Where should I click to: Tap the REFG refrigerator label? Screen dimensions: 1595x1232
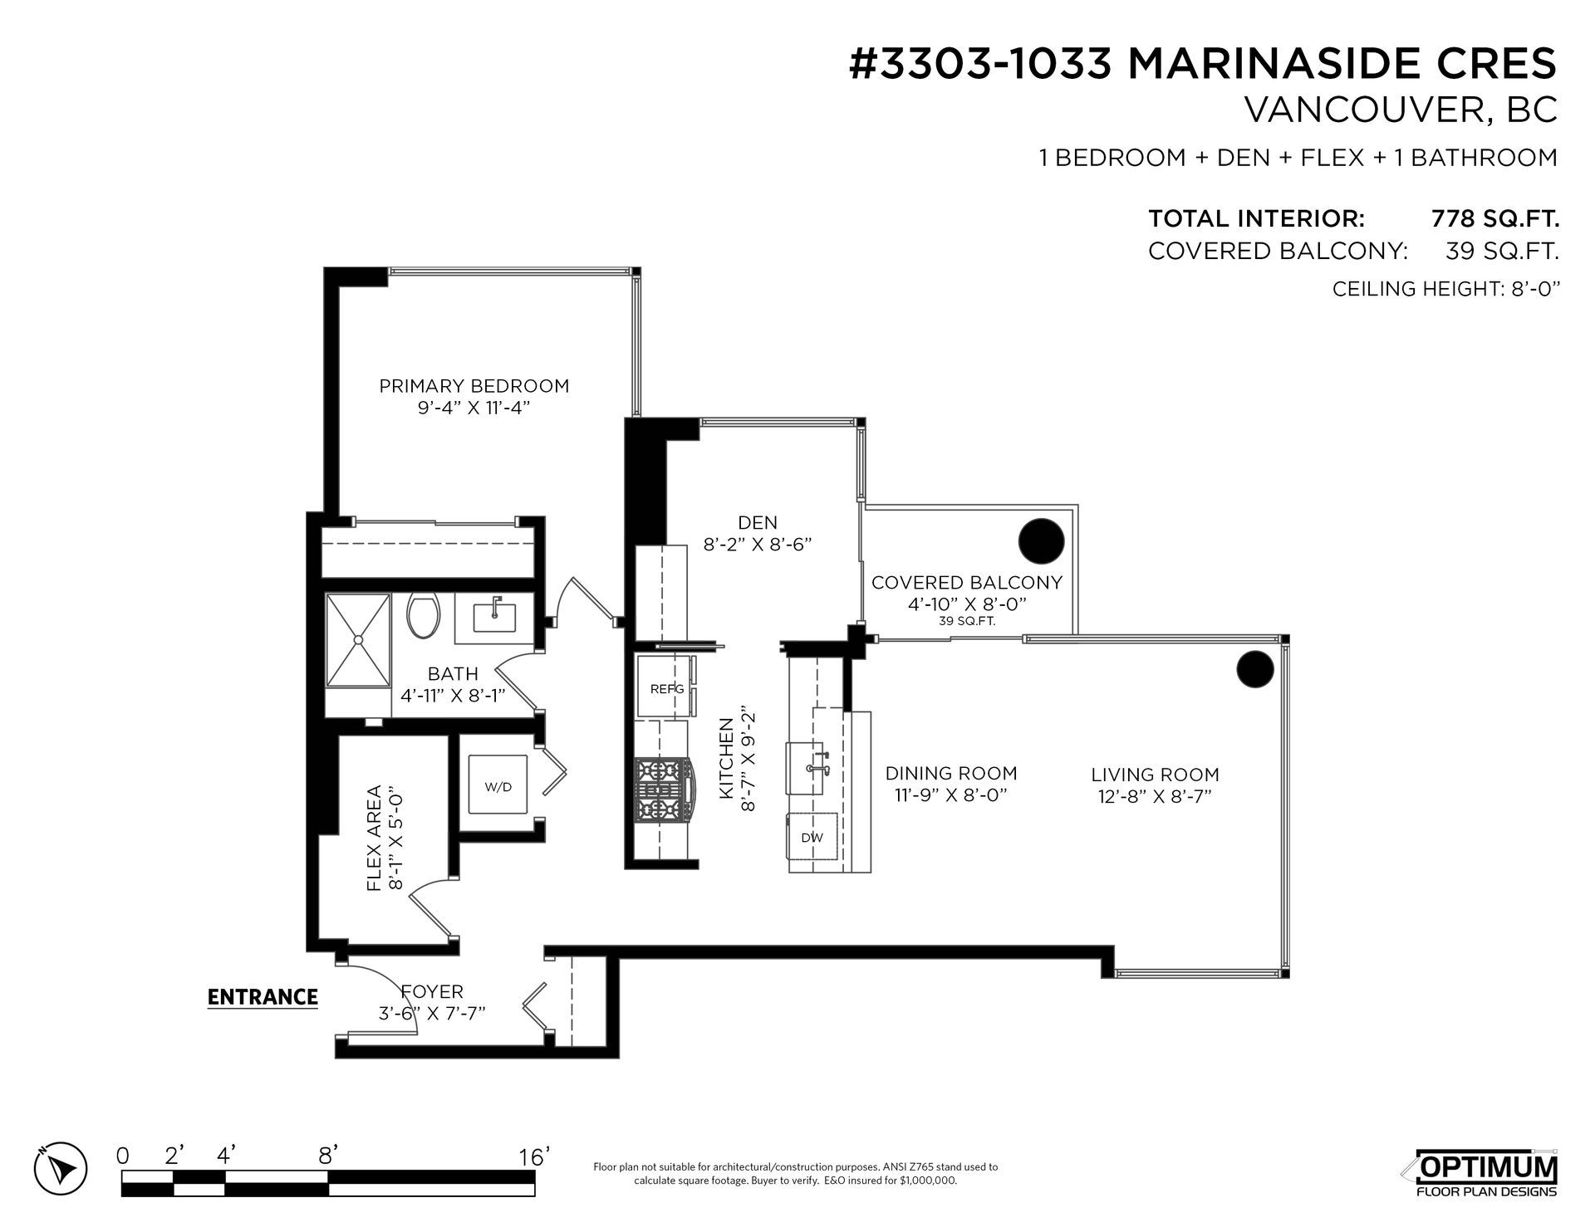[x=667, y=688]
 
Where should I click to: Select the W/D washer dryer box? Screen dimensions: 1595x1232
[x=498, y=785]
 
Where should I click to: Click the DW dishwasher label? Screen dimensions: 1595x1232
[x=812, y=838]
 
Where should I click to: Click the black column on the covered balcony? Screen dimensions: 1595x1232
[x=1041, y=541]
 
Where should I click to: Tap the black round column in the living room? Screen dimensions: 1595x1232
[x=1254, y=669]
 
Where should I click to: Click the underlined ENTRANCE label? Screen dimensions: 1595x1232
[x=263, y=997]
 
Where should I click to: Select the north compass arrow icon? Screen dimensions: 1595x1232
[x=62, y=1168]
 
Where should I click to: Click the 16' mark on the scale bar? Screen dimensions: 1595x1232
[x=533, y=1156]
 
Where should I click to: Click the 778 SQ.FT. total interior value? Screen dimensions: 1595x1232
[x=1494, y=219]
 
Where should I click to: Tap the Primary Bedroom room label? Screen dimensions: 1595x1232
[x=474, y=386]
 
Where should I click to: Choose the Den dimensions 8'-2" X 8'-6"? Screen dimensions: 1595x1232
[x=757, y=545]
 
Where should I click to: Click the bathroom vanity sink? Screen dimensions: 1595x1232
[x=494, y=616]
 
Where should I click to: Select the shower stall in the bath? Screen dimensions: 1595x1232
[x=358, y=640]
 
